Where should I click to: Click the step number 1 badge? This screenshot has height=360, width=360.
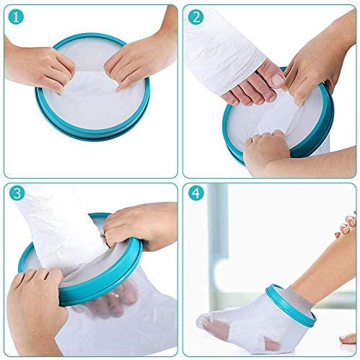(16, 17)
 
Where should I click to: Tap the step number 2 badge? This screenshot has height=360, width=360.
(196, 17)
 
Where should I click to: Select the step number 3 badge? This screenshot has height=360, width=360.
(17, 193)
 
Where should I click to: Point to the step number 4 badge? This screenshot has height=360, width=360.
(196, 193)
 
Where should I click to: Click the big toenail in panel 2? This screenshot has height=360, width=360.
(278, 79)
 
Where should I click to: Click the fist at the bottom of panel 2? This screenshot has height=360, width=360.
(267, 149)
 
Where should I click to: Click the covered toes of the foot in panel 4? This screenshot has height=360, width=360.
(209, 322)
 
